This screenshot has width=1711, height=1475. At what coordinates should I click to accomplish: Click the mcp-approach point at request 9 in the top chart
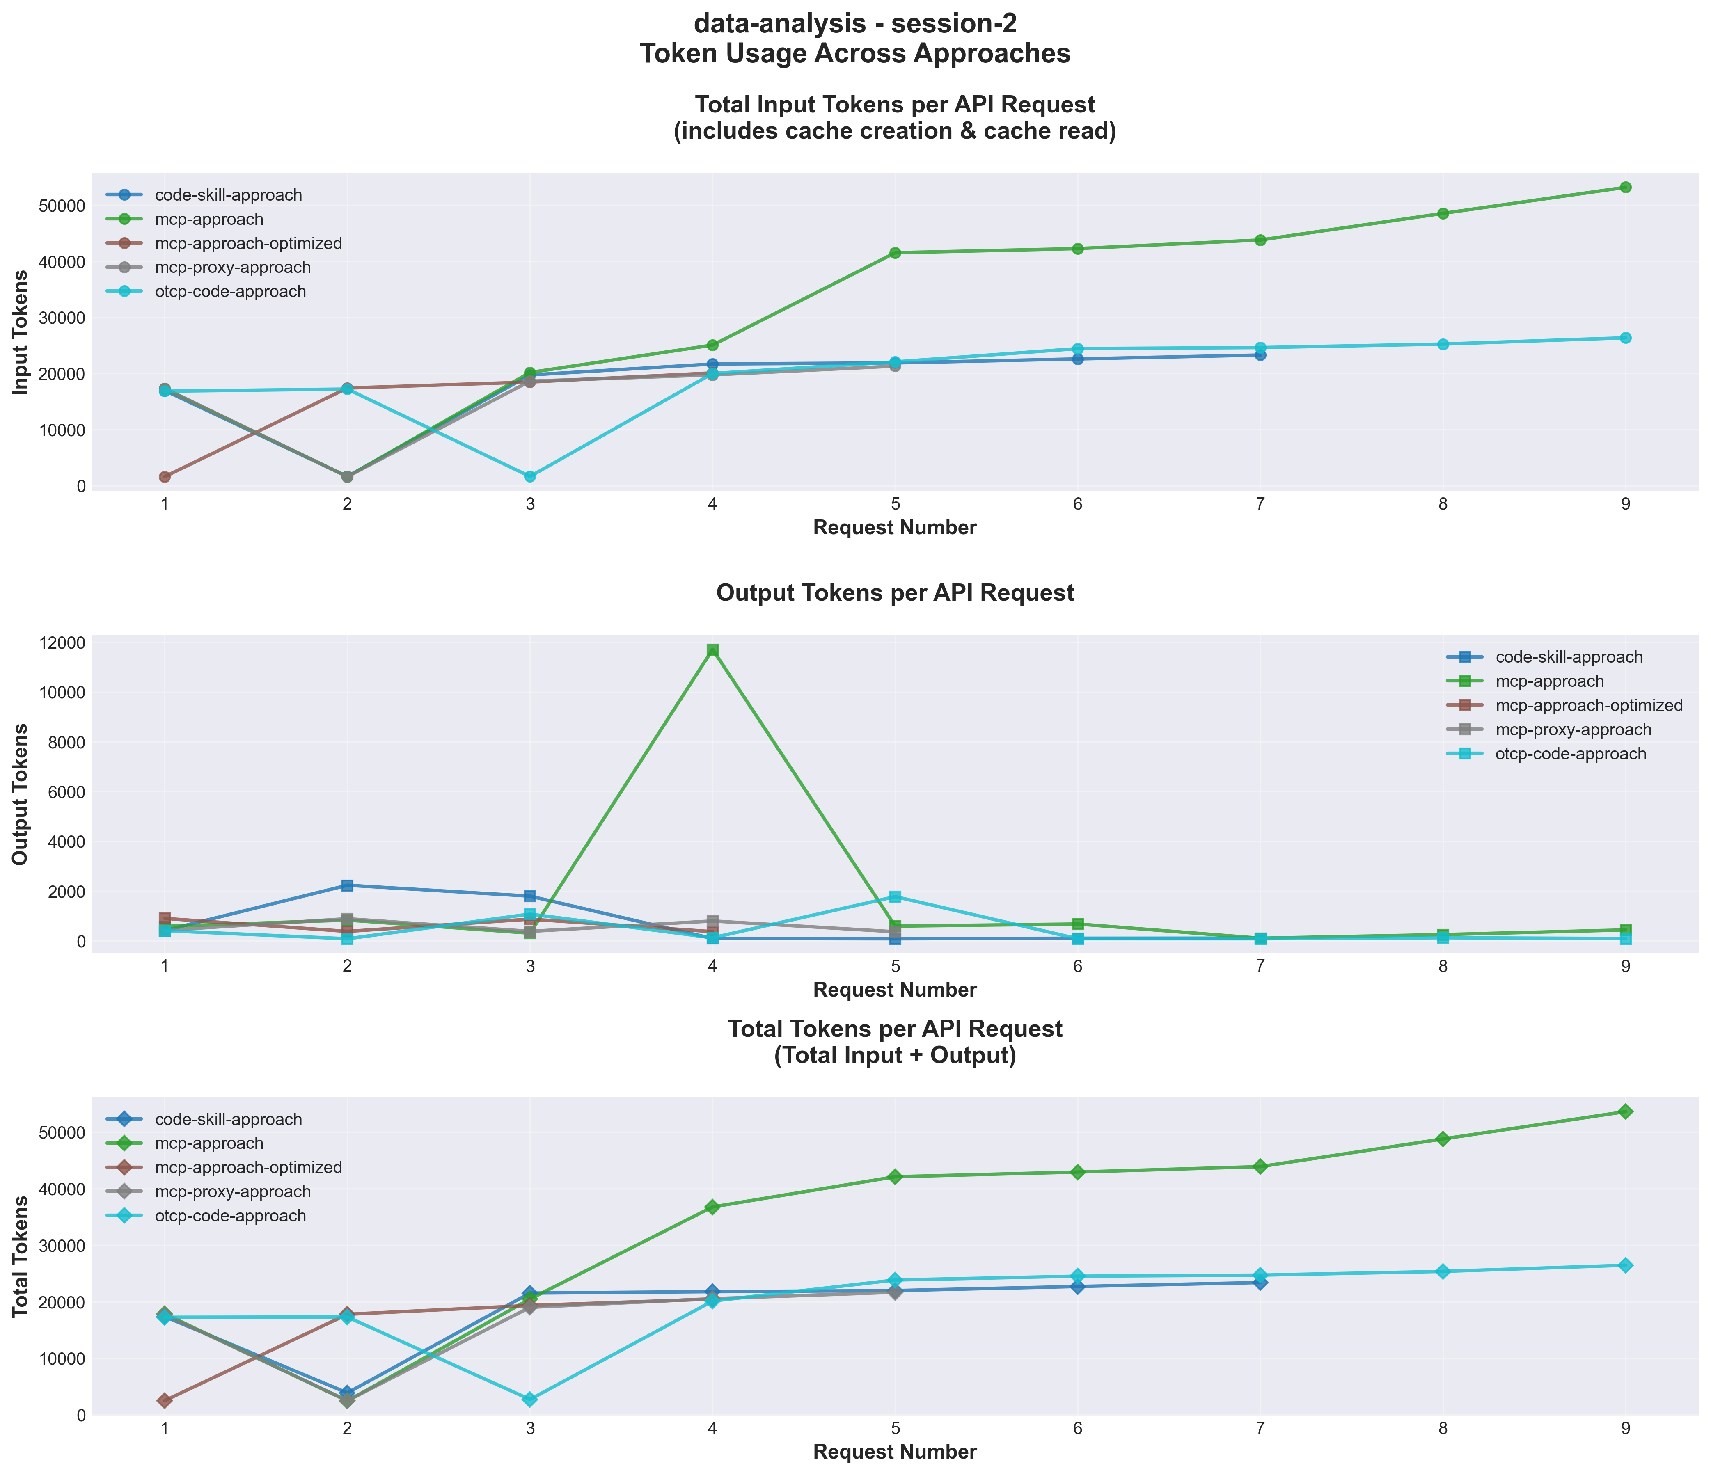[x=1625, y=188]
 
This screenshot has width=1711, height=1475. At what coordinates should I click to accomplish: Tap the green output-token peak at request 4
[x=712, y=649]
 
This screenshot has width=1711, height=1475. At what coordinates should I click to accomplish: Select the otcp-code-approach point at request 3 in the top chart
[x=529, y=476]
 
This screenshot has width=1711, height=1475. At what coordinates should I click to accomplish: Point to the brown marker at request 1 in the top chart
[x=165, y=476]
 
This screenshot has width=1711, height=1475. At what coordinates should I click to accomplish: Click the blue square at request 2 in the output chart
[x=348, y=886]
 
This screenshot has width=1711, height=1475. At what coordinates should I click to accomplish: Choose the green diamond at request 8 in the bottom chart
[x=1443, y=1139]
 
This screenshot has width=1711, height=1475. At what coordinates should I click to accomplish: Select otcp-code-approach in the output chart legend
[x=1571, y=754]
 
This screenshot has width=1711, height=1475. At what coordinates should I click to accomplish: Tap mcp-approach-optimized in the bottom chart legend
[x=248, y=1167]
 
